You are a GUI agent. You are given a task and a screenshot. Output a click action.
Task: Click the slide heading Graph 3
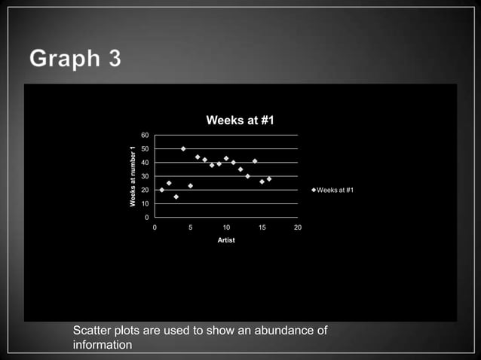[75, 58]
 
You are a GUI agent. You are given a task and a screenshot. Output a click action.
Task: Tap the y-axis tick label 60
[146, 135]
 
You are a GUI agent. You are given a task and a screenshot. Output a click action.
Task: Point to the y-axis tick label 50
[146, 149]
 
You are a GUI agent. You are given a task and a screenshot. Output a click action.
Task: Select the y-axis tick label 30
[146, 176]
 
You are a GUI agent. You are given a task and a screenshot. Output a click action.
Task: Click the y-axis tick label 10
[146, 203]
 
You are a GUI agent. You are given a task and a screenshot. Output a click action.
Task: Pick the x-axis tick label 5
[191, 227]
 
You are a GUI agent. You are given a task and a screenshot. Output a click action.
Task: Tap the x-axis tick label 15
[262, 227]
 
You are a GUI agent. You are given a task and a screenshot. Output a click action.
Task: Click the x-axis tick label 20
[298, 227]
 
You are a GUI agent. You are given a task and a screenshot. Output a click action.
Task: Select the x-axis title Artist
[226, 240]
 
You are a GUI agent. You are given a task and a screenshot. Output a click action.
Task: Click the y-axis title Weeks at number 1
[132, 175]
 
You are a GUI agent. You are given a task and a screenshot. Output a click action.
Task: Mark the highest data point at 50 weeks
[183, 148]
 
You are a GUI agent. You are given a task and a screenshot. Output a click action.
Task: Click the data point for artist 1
[162, 190]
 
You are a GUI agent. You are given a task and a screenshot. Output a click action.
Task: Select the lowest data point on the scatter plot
[176, 197]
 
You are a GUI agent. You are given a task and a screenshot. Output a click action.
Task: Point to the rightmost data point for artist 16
[269, 179]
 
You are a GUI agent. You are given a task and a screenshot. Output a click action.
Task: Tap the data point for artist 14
[255, 161]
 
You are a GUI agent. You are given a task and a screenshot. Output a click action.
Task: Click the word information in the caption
[103, 345]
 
